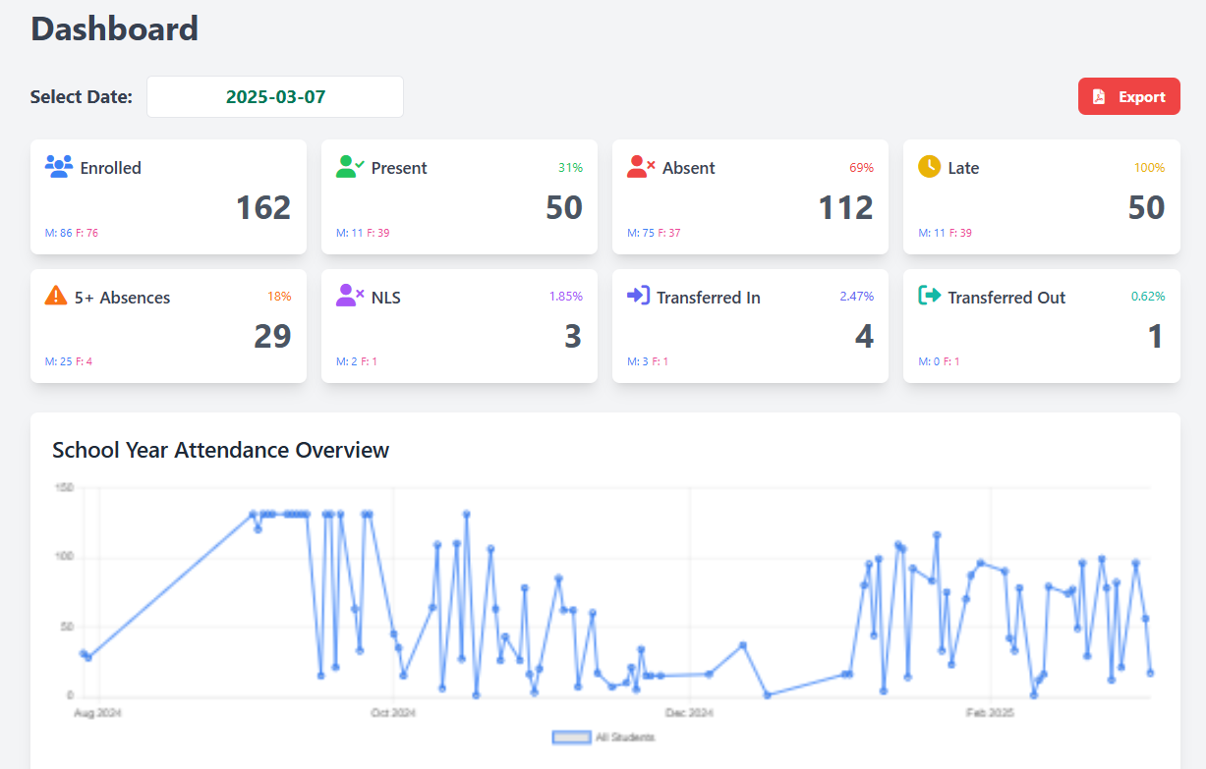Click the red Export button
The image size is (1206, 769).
[x=1128, y=97]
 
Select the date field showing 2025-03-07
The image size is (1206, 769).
[x=275, y=97]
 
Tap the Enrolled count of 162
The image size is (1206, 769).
[x=263, y=207]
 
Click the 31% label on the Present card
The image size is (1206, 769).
[x=570, y=168]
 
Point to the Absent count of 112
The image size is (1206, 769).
[x=845, y=207]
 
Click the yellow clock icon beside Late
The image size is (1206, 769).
[x=929, y=166]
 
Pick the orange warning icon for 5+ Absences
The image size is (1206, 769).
[x=56, y=296]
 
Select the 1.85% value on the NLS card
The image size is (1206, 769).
[x=565, y=297]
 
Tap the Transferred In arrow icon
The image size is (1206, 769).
[x=638, y=296]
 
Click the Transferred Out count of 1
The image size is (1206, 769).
[x=1156, y=337]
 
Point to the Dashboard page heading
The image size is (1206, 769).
[x=114, y=28]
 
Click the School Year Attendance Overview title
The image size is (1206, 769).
[x=220, y=450]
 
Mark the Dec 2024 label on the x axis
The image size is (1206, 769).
[x=690, y=712]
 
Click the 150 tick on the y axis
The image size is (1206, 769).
[x=65, y=488]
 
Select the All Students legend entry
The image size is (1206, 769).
[x=603, y=738]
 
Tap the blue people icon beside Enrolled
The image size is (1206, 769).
[x=59, y=166]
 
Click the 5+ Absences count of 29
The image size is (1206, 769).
[x=272, y=337]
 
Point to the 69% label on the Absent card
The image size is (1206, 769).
[x=861, y=168]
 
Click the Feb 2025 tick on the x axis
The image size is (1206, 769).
[x=990, y=712]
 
